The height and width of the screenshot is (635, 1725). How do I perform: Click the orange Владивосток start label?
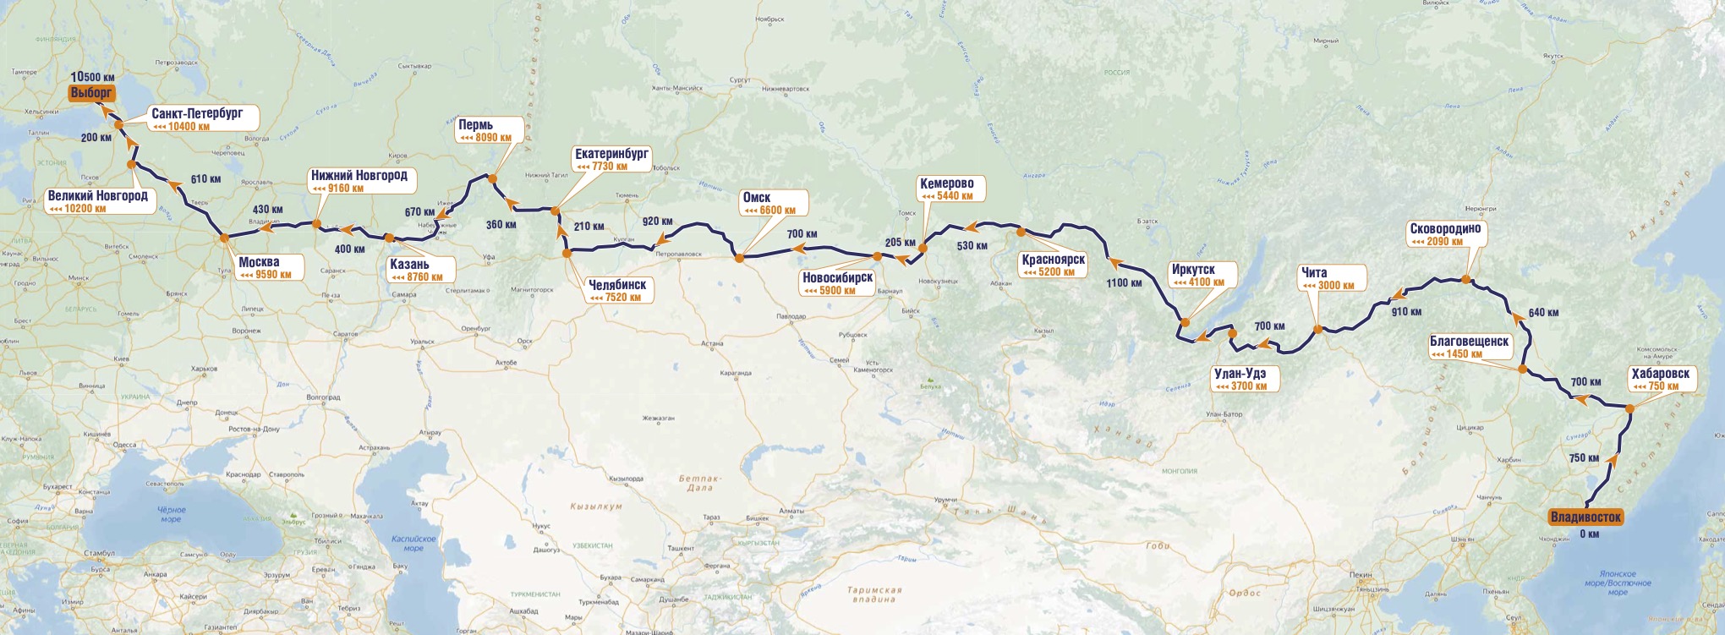pos(1586,517)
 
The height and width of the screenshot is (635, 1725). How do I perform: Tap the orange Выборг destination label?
pos(91,93)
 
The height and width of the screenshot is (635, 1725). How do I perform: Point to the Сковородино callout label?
pos(1445,234)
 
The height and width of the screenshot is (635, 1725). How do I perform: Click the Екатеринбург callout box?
pos(611,160)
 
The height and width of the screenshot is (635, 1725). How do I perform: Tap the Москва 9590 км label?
pos(266,268)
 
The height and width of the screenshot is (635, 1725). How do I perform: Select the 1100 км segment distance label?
pos(1124,282)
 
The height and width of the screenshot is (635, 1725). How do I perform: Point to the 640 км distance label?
pos(1543,312)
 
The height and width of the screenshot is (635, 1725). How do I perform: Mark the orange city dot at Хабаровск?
pos(1629,409)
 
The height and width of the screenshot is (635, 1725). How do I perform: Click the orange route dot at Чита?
pos(1317,330)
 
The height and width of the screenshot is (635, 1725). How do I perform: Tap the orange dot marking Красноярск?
pos(1021,232)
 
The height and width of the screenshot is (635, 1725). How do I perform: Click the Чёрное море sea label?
pos(171,514)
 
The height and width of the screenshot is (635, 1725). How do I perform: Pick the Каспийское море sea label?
pos(413,543)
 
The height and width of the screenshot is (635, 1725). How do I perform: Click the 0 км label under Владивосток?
pos(1589,534)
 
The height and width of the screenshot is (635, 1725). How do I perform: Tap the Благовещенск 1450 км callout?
pos(1469,348)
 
